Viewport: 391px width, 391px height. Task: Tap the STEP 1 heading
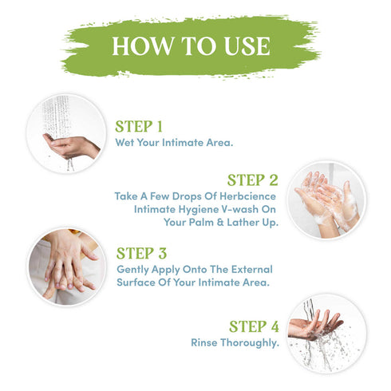coord(139,126)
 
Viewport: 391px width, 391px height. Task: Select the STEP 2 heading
coord(252,180)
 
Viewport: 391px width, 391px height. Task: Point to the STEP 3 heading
coord(141,254)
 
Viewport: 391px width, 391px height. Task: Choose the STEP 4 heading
coord(253,326)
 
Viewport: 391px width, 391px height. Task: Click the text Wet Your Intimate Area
coord(174,144)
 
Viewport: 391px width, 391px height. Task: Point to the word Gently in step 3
coord(134,271)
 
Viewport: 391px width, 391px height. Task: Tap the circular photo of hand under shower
coord(65,133)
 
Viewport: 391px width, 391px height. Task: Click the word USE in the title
coord(243,45)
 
